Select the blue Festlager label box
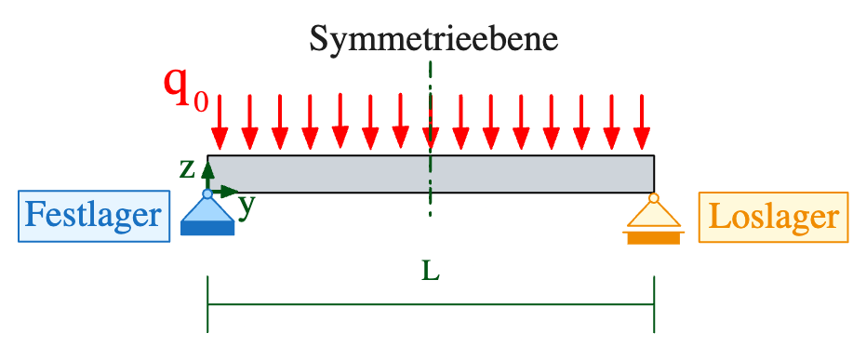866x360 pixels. tap(94, 217)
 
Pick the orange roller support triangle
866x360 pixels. tap(653, 216)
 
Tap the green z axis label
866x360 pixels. tap(187, 167)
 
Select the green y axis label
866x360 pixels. tap(246, 206)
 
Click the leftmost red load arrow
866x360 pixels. tap(220, 121)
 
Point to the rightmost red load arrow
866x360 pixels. tap(641, 121)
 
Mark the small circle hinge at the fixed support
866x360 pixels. tap(207, 194)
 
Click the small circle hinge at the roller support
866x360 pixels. tap(653, 197)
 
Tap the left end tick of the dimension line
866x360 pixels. tap(207, 304)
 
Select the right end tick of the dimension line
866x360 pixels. tap(654, 304)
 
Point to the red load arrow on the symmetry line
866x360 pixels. tap(430, 121)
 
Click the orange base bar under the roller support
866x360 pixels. tap(653, 238)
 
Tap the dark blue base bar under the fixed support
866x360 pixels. tap(207, 229)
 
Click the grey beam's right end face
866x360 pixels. tap(653, 174)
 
